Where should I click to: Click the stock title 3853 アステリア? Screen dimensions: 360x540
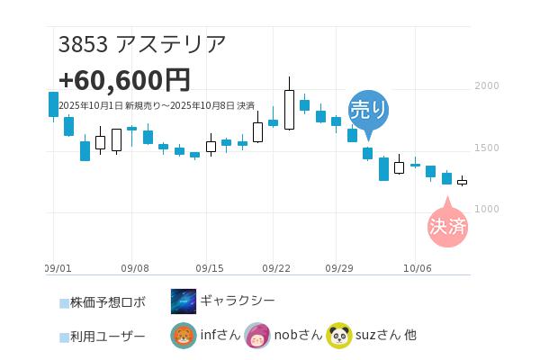142,44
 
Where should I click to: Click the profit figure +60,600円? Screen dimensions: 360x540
124,80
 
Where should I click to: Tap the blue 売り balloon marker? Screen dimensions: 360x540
368,110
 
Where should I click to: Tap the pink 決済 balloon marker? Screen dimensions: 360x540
447,226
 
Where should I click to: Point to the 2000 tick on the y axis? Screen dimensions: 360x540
486,86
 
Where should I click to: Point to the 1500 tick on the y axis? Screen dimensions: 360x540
486,148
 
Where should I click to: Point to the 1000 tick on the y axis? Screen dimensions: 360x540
486,209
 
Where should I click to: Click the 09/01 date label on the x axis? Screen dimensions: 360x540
58,268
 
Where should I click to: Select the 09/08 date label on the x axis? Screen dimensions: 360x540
134,268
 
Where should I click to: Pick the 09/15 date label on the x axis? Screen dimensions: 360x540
210,268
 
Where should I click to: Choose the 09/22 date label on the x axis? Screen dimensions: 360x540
276,268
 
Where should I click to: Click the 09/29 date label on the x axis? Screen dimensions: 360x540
340,268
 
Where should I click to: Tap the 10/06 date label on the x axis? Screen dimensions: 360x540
418,268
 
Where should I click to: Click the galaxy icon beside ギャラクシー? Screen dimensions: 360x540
184,301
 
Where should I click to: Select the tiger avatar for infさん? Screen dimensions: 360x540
184,336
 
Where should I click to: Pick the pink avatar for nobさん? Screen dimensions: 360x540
257,336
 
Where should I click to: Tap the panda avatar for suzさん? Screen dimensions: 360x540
338,336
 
